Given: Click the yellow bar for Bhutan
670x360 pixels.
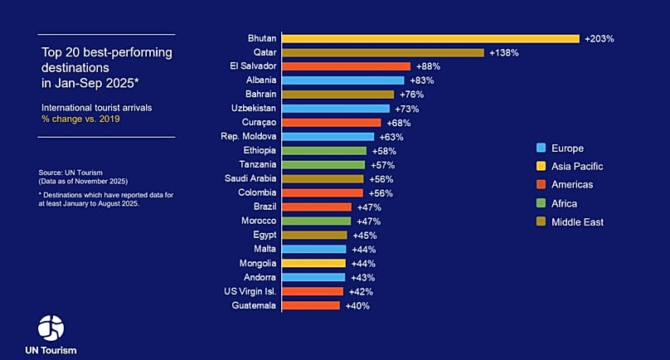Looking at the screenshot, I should [430, 38].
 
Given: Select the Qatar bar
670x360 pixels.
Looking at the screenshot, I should [382, 52].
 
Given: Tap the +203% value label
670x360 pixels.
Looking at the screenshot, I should [600, 38].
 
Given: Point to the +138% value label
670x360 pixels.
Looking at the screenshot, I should [504, 52].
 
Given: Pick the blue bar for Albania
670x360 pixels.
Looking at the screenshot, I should [342, 80].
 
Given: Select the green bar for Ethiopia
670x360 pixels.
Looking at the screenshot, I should [323, 151].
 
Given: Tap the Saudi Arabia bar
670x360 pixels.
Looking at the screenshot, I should [322, 178].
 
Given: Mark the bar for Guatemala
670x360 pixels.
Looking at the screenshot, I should [310, 305].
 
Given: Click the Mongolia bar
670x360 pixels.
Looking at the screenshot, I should [313, 263].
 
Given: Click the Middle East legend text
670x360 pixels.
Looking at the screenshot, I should [577, 221].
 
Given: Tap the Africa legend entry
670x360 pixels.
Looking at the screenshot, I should [565, 203].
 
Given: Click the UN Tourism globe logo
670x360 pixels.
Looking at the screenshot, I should [51, 328].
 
